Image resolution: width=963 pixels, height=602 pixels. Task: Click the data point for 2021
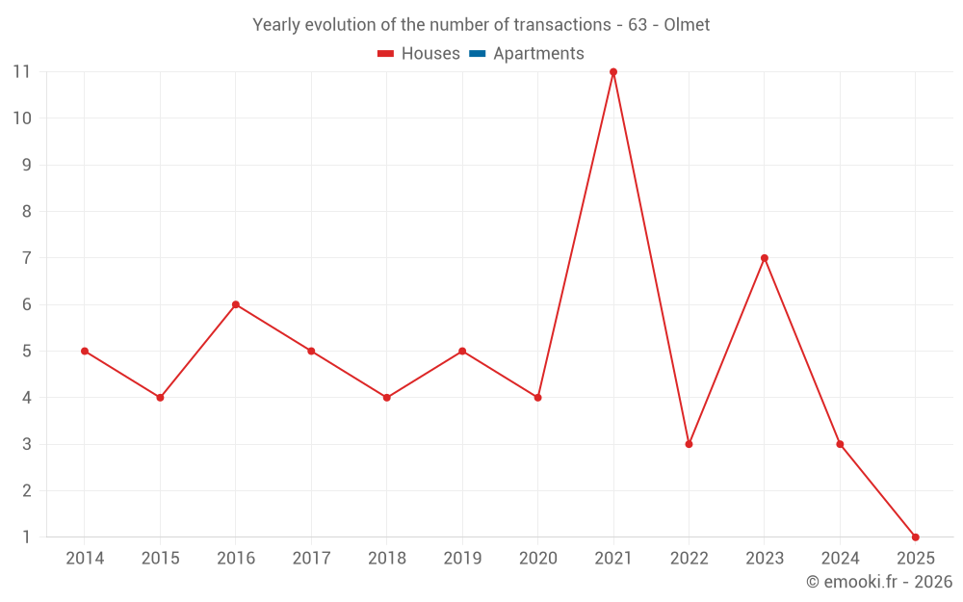(x=613, y=72)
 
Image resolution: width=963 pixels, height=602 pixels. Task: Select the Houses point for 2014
(x=85, y=351)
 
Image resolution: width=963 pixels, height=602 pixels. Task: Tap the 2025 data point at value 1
(x=915, y=537)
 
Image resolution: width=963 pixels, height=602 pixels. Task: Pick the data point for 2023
(x=765, y=258)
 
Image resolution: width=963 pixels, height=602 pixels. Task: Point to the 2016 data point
(x=236, y=304)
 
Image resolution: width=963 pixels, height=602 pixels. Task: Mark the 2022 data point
(x=689, y=444)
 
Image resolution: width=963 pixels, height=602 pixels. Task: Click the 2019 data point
(x=462, y=351)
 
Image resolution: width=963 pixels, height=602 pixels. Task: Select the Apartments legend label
(x=538, y=54)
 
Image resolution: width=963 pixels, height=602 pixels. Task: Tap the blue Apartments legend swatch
(x=477, y=54)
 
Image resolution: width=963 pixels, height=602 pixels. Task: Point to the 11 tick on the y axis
(x=21, y=72)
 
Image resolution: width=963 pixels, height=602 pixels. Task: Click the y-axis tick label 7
(x=27, y=258)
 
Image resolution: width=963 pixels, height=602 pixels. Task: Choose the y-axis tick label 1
(x=27, y=537)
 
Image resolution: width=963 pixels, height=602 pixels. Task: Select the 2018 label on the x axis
(x=387, y=559)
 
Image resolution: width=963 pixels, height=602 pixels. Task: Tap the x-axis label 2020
(x=537, y=559)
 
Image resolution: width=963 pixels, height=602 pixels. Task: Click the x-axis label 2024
(x=840, y=559)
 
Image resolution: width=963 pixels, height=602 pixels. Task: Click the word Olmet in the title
(x=687, y=25)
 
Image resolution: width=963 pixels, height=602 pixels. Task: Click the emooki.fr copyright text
(x=879, y=582)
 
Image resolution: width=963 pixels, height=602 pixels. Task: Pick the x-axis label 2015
(x=160, y=559)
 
